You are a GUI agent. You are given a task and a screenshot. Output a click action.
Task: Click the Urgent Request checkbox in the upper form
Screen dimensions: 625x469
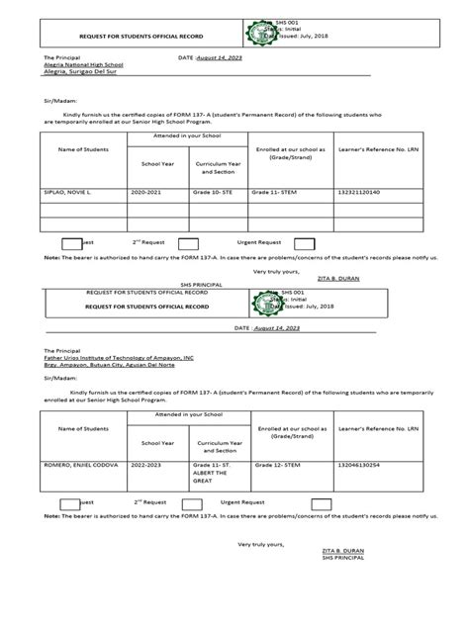click(305, 241)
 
